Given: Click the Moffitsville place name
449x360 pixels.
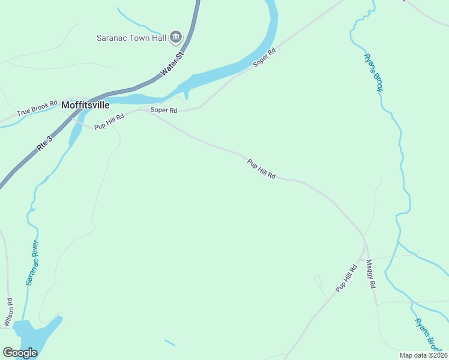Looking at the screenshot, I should (86, 104).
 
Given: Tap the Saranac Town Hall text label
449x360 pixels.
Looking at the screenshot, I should (131, 37).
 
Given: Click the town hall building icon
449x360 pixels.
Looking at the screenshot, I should (176, 37).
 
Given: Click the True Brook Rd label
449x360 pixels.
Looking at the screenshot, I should (37, 111).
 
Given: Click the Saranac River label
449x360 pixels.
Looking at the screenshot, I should (32, 262).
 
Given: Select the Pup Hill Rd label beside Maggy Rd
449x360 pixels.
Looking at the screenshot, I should (346, 278).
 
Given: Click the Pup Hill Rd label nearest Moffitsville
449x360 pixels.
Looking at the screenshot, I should (109, 122).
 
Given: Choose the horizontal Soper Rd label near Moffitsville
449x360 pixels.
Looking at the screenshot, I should (164, 110).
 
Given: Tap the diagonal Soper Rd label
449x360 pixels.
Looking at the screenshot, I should (264, 57).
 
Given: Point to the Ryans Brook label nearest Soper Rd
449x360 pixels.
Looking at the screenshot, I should (373, 73).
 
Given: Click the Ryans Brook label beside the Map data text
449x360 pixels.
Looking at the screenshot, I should (426, 334).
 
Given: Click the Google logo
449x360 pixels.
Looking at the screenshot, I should (20, 353).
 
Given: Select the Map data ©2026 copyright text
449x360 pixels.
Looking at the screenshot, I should (424, 355).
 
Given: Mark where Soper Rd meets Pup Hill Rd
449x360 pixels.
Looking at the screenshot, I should (150, 112).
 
